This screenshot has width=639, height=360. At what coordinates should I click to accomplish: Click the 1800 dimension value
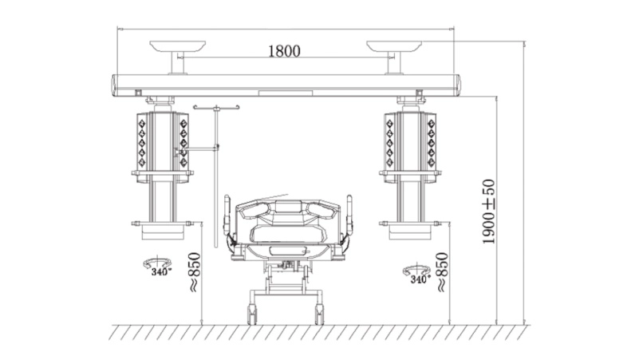point(284,51)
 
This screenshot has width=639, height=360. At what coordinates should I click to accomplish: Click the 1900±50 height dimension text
point(488,212)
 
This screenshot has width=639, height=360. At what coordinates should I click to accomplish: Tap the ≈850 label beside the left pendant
point(195,272)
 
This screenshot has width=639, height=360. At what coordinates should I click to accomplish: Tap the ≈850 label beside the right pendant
point(442,272)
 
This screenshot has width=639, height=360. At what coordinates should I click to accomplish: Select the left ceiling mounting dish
point(177,45)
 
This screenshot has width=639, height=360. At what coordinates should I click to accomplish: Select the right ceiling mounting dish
point(394,45)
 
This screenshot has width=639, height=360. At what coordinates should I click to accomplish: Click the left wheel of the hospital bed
point(252,315)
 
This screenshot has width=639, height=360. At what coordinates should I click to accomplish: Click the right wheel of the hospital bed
point(319,315)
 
